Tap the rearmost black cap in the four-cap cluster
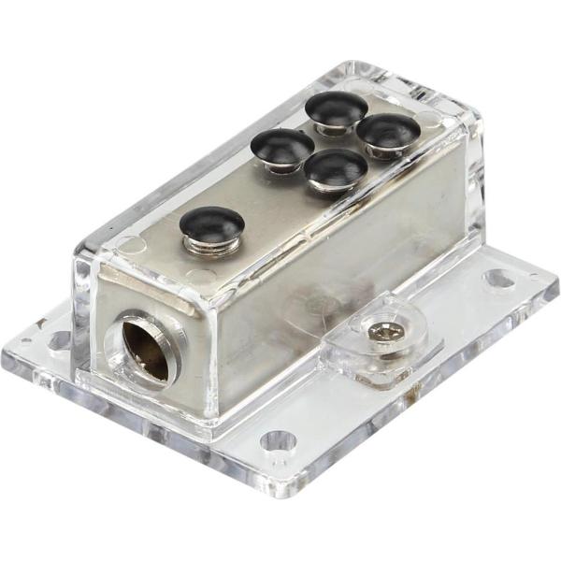(x=336, y=106)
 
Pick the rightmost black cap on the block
(x=388, y=129)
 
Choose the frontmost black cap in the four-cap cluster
(x=336, y=165)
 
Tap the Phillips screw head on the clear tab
(x=380, y=331)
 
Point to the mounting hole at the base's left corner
(x=59, y=339)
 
